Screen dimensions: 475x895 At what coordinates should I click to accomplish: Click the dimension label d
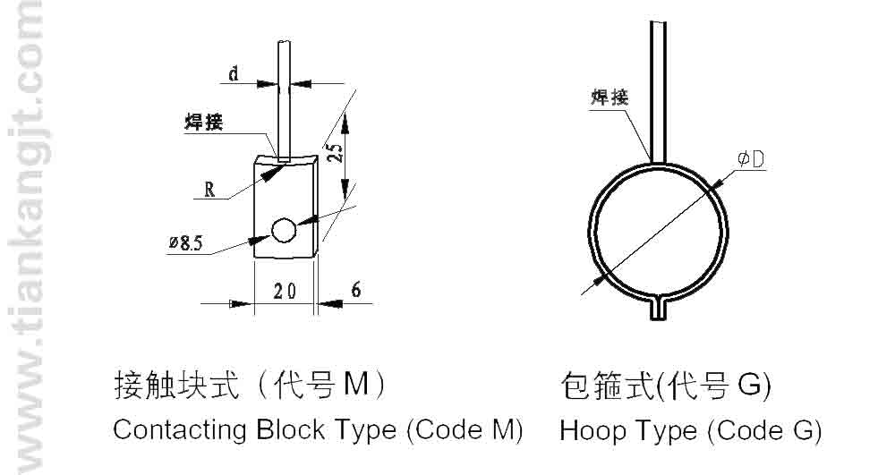pyautogui.click(x=233, y=73)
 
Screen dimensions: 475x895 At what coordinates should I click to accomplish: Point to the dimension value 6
pyautogui.click(x=355, y=289)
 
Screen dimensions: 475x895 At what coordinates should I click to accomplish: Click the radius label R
pyautogui.click(x=209, y=189)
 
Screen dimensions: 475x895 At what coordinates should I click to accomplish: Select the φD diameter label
pyautogui.click(x=750, y=159)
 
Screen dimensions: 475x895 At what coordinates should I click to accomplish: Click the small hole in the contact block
pyautogui.click(x=284, y=231)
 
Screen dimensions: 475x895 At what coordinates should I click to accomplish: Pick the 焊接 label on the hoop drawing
pyautogui.click(x=609, y=97)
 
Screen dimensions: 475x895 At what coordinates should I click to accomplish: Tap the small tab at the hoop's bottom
pyautogui.click(x=659, y=309)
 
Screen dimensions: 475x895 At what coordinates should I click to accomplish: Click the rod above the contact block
pyautogui.click(x=284, y=98)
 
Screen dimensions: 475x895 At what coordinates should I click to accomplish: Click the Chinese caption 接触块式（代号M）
pyautogui.click(x=251, y=386)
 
